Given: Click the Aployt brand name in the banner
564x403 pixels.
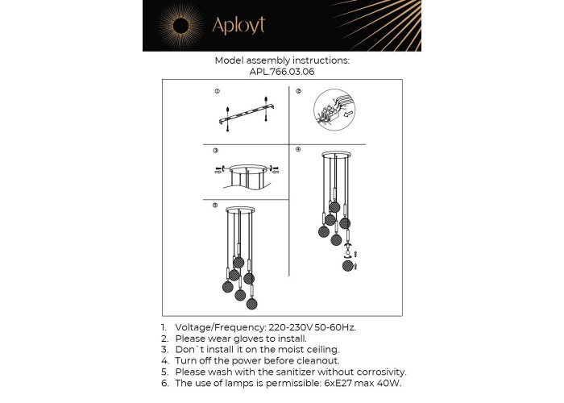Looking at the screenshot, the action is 238,25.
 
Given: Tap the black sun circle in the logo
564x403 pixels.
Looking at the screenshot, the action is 181,26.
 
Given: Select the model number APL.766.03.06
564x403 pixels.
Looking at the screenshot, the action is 282,72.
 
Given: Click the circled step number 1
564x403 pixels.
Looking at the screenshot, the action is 218,91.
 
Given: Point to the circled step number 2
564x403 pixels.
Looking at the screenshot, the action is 298,91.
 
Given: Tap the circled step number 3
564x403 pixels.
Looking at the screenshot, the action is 215,151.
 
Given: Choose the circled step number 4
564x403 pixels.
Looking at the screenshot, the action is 298,149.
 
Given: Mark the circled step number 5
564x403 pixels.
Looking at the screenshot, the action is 215,206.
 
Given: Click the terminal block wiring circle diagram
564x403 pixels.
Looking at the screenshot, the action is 334,110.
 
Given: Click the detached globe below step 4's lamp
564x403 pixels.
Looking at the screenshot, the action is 347,266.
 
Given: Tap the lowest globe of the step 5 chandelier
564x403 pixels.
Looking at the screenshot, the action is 251,303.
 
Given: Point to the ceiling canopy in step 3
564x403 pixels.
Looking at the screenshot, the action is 248,168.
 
